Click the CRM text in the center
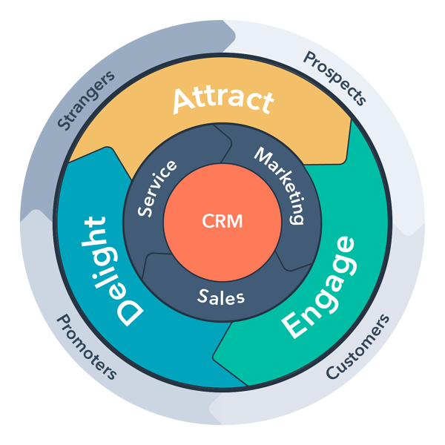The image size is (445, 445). [x=222, y=221]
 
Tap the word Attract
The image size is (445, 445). [x=223, y=101]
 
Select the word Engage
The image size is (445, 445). [x=319, y=287]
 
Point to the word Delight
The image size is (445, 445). [x=111, y=271]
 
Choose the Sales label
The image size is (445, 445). [x=221, y=297]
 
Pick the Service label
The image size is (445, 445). [x=156, y=188]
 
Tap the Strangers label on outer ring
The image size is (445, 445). [x=86, y=100]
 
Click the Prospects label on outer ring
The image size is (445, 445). [x=335, y=78]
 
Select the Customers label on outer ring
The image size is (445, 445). [x=357, y=347]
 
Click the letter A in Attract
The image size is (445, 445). [x=184, y=102]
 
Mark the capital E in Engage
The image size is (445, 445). [x=294, y=325]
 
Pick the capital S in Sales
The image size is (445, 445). [x=202, y=296]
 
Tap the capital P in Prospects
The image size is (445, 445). [x=309, y=58]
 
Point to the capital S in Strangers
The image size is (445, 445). [x=64, y=122]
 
